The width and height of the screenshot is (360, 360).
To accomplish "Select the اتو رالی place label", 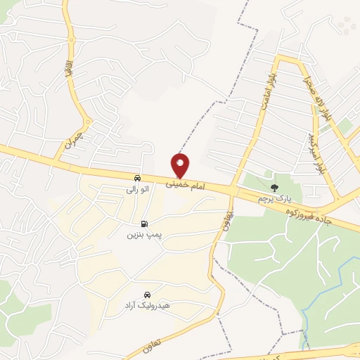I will [136, 189].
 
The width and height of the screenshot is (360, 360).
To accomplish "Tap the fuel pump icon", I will [144, 222].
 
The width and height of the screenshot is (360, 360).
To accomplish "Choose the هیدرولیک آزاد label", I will [147, 306].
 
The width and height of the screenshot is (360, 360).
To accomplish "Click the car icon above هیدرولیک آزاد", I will [147, 294].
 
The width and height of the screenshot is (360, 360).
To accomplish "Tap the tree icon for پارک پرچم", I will [274, 188].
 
